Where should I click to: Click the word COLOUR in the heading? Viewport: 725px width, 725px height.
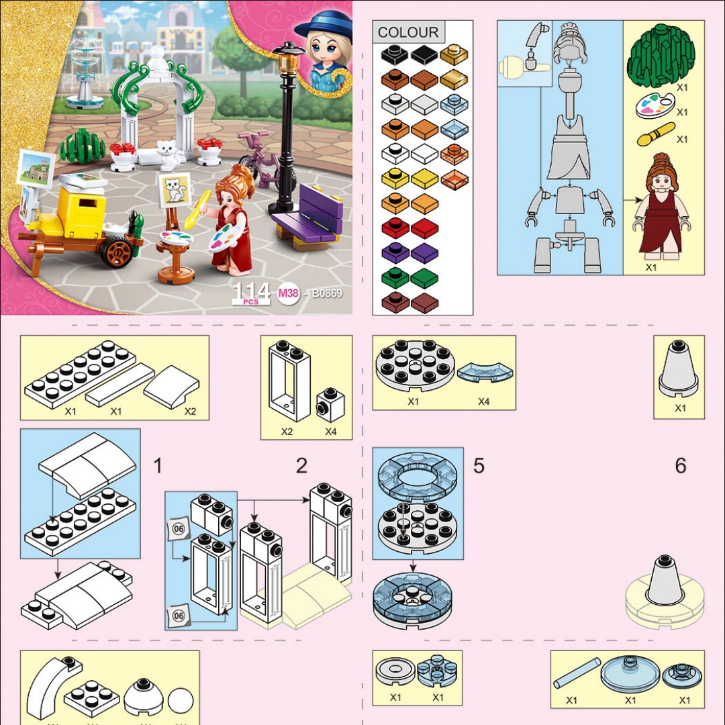408,32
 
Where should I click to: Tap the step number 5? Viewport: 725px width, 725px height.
479,466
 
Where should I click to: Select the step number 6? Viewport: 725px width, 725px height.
680,466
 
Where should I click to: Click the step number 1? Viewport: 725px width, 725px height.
158,466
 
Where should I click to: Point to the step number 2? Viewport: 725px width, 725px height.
301,466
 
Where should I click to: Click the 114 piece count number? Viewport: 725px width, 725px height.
251,291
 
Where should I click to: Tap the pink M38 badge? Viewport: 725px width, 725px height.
288,293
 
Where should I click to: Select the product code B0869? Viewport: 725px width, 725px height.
327,293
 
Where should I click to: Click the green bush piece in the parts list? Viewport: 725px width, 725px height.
661,56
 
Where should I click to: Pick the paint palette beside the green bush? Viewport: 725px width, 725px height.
655,106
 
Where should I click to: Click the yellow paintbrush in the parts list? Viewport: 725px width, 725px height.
656,134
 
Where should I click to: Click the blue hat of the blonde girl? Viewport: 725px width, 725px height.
323,28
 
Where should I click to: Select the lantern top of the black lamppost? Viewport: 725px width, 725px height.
289,58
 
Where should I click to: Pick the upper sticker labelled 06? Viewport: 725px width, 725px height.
179,528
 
